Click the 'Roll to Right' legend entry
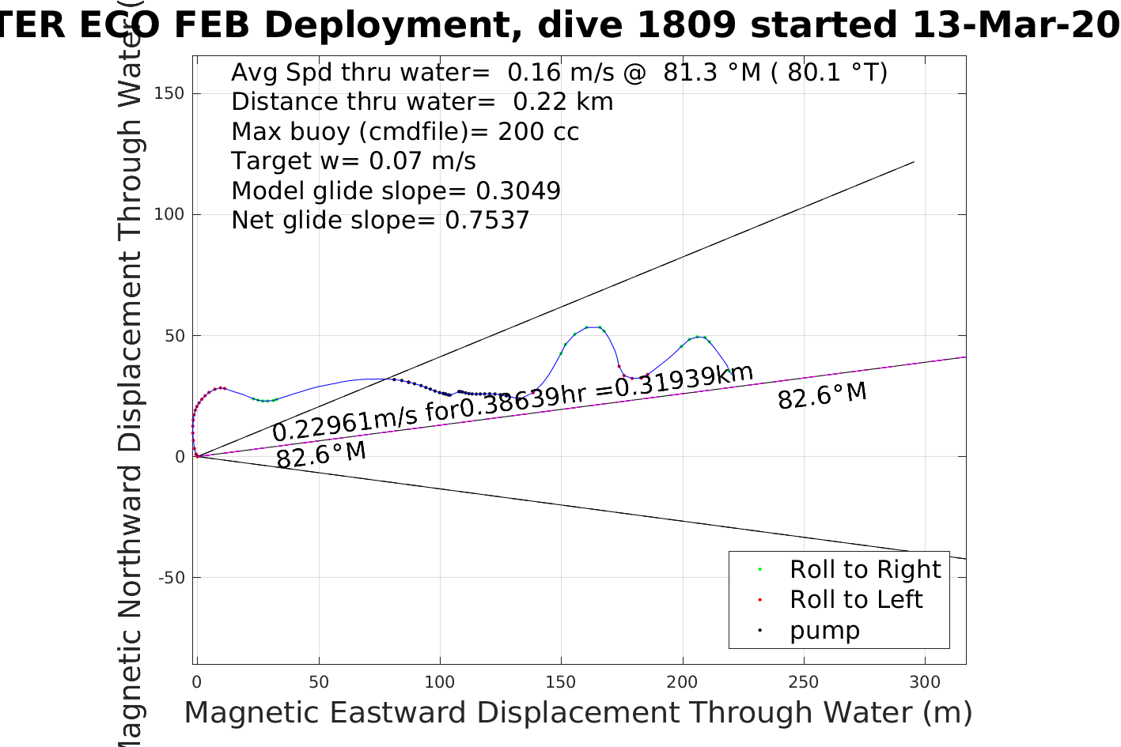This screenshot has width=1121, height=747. pyautogui.click(x=865, y=569)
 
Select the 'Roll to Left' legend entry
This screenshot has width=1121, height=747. pyautogui.click(x=855, y=599)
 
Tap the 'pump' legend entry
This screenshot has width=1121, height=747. pyautogui.click(x=824, y=630)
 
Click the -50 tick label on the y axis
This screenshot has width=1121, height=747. pyautogui.click(x=171, y=578)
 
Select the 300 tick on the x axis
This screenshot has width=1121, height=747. pyautogui.click(x=925, y=682)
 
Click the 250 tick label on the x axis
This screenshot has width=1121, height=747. pyautogui.click(x=804, y=682)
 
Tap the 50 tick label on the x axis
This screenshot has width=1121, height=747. pyautogui.click(x=319, y=682)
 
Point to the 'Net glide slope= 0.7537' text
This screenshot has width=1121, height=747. pyautogui.click(x=380, y=220)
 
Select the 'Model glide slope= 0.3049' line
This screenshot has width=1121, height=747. pyautogui.click(x=396, y=191)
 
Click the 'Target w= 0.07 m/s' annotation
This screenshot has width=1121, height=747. pyautogui.click(x=353, y=161)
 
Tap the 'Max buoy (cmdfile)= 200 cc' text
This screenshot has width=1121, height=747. pyautogui.click(x=405, y=131)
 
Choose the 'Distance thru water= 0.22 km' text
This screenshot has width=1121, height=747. pyautogui.click(x=422, y=102)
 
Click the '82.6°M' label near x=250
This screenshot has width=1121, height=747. pyautogui.click(x=822, y=395)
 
